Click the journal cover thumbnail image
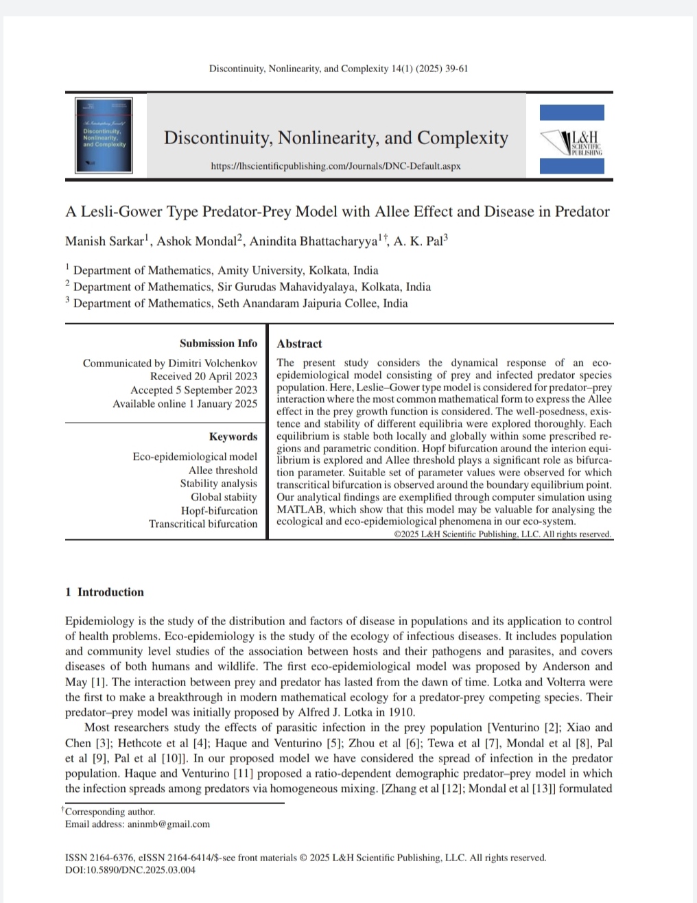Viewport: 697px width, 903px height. pyautogui.click(x=104, y=135)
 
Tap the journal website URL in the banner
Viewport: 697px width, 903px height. pyautogui.click(x=336, y=167)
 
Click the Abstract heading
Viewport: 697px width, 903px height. pyautogui.click(x=299, y=344)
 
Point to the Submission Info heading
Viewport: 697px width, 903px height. pyautogui.click(x=218, y=343)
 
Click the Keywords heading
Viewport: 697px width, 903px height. pyautogui.click(x=233, y=436)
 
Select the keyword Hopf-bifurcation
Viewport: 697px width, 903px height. pyautogui.click(x=219, y=511)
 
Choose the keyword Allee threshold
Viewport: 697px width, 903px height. pyautogui.click(x=223, y=470)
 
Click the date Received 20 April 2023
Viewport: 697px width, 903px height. pyautogui.click(x=204, y=376)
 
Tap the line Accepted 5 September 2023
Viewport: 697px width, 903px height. pyautogui.click(x=194, y=390)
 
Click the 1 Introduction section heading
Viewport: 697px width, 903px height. pyautogui.click(x=104, y=592)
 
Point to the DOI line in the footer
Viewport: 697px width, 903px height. pyautogui.click(x=130, y=870)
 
